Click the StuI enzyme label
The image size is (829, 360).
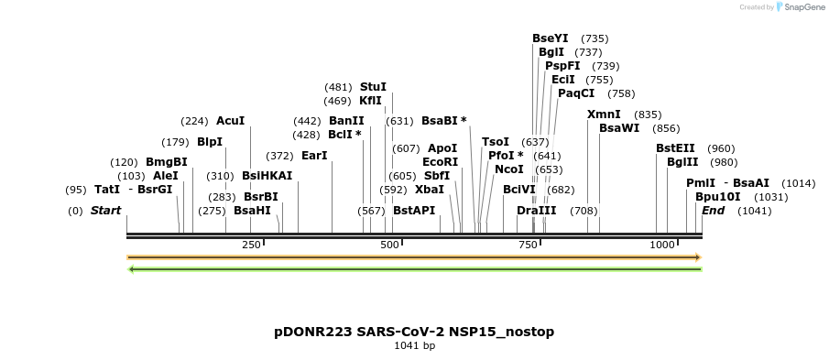point(373,86)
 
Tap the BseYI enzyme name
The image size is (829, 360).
point(550,38)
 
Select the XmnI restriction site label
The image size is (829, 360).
point(604,115)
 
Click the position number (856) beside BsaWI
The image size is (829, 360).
point(666,128)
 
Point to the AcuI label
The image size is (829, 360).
point(230,121)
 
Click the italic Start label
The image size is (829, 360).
point(105,211)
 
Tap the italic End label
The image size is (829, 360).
point(713,211)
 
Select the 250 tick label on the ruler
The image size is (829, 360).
point(251,245)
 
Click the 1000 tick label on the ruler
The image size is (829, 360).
point(661,245)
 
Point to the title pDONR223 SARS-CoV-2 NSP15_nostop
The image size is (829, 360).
point(414,331)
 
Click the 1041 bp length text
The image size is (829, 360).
point(414,345)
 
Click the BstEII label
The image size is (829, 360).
point(675,148)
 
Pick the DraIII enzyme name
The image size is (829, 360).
point(536,211)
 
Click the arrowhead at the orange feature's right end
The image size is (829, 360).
point(697,257)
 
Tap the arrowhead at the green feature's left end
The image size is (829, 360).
point(131,269)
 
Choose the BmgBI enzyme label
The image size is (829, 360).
point(166,162)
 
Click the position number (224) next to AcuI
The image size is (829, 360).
point(194,121)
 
